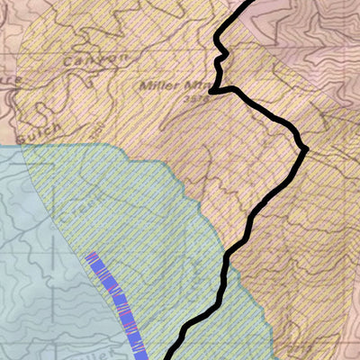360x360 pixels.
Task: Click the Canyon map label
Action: (94, 60)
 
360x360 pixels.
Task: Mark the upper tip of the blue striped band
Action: (91, 256)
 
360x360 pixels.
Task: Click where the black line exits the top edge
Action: (246, 3)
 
